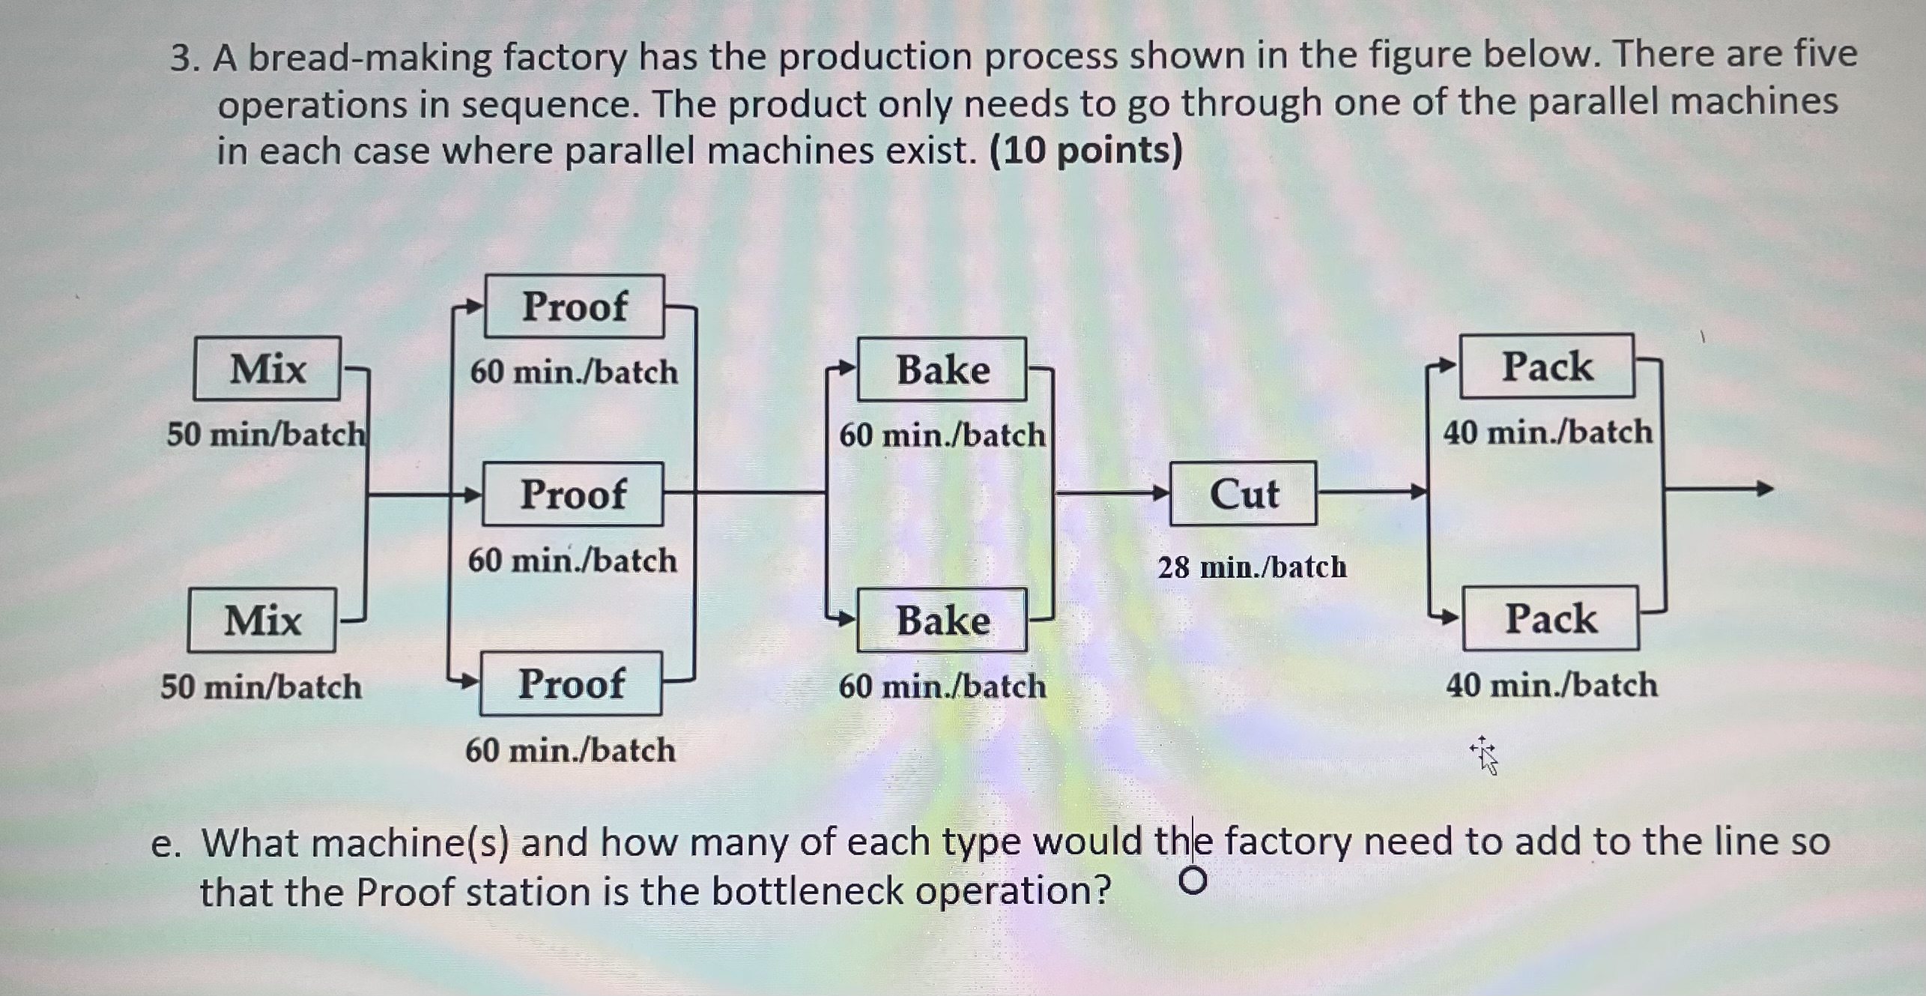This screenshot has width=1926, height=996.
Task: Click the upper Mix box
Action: [x=267, y=369]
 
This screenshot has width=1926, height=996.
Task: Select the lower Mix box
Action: [x=262, y=621]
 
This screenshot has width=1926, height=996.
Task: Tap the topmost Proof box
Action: [x=575, y=307]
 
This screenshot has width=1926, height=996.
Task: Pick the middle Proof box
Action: [x=573, y=495]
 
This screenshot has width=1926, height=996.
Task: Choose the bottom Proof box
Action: [x=571, y=683]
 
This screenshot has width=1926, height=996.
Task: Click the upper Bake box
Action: [x=942, y=369]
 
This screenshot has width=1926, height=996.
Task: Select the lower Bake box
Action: [x=942, y=621]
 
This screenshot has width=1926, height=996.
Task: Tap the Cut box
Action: [x=1244, y=494]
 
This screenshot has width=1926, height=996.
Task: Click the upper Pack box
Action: [x=1547, y=366]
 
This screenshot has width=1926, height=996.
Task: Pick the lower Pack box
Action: [x=1551, y=619]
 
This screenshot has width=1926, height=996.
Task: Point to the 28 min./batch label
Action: [x=1252, y=567]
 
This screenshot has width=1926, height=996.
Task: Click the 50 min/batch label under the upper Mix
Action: [x=266, y=434]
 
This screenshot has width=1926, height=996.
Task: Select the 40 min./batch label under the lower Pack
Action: [x=1551, y=685]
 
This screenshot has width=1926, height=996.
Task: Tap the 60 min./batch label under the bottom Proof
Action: [x=570, y=750]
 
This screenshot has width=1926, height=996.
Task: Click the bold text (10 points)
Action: [x=1085, y=151]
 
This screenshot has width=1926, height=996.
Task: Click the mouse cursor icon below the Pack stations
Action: [x=1485, y=755]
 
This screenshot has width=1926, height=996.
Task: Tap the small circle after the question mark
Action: [x=1193, y=881]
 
